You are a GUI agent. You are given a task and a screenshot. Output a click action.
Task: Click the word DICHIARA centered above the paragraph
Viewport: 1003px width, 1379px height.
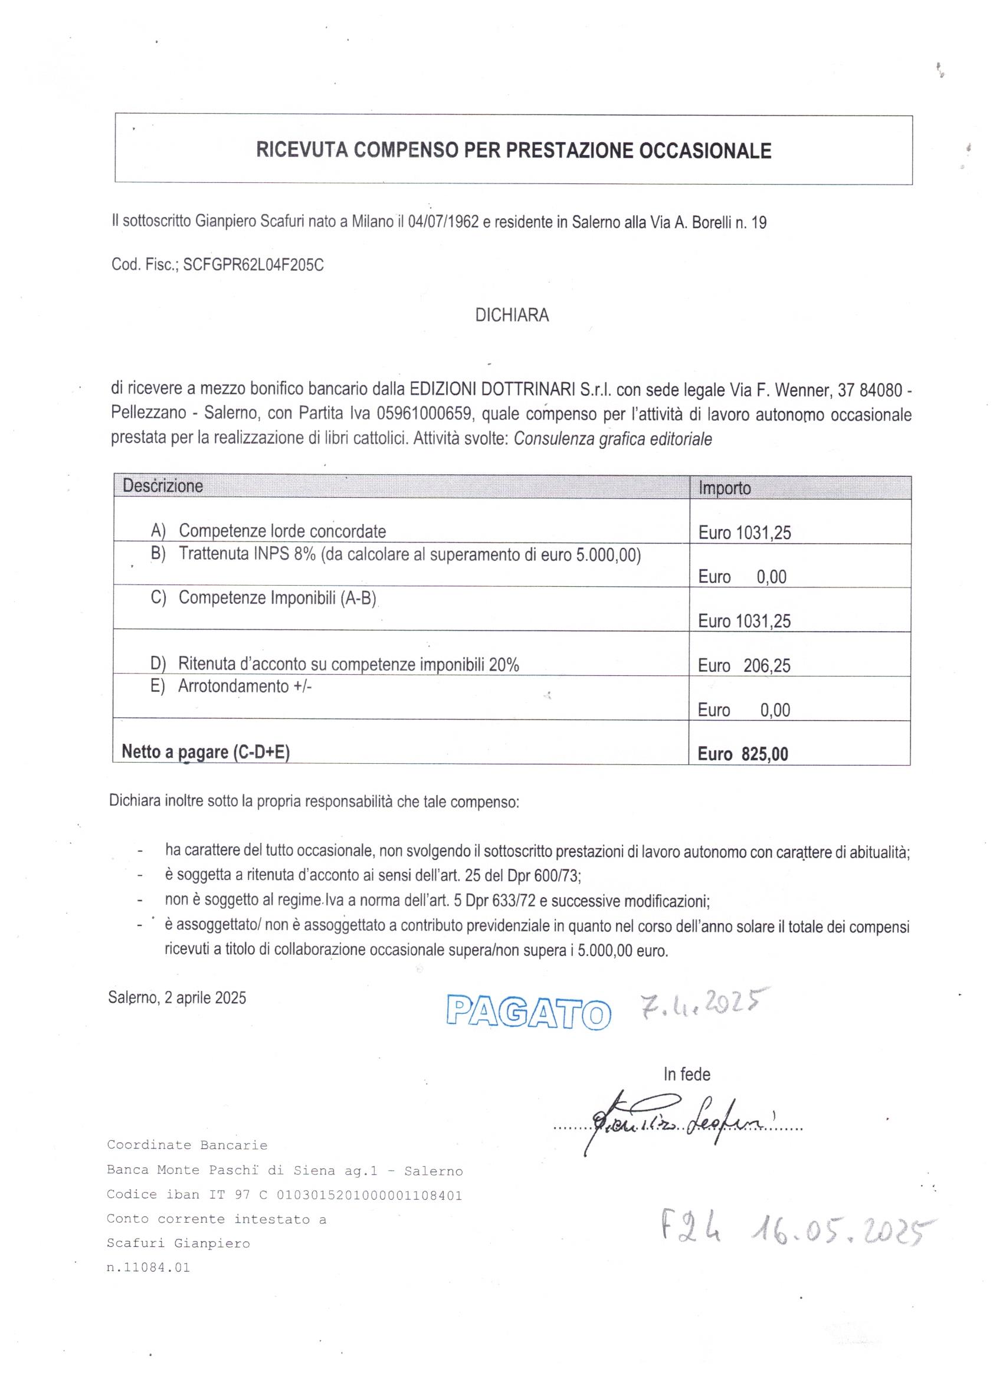[512, 315]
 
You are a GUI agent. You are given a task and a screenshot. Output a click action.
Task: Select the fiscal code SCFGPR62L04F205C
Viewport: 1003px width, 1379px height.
[253, 265]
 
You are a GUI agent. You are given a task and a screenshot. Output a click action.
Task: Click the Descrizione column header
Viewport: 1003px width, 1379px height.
[162, 486]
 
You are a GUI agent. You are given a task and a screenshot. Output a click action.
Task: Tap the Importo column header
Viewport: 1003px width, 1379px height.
[725, 488]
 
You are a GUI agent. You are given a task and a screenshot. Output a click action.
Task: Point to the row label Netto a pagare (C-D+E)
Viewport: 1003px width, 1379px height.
[205, 752]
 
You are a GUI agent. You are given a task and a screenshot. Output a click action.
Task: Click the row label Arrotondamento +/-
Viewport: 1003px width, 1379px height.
[244, 686]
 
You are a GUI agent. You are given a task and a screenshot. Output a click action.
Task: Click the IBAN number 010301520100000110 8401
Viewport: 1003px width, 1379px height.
[369, 1196]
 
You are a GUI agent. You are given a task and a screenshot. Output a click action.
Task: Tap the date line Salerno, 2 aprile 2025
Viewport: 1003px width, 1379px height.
[177, 998]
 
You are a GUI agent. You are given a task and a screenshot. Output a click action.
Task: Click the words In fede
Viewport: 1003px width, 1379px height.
[687, 1075]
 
